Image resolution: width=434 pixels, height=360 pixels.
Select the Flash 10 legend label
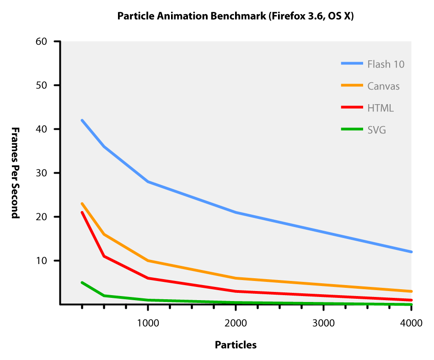[x=386, y=64]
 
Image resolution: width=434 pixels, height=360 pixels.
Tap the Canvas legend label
[x=383, y=86]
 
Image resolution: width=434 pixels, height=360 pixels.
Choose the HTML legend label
[x=380, y=108]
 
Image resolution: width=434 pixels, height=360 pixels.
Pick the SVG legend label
[x=377, y=130]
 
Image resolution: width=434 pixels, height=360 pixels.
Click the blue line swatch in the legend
[x=352, y=64]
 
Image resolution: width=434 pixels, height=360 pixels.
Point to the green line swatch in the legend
[x=352, y=129]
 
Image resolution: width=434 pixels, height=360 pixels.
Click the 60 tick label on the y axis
[x=42, y=42]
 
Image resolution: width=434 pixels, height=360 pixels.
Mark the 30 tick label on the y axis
[x=42, y=173]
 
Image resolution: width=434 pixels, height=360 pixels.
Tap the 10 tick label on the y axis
[x=42, y=261]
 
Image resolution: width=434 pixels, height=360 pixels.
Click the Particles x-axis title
[x=236, y=345]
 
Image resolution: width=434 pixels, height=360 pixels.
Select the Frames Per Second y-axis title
[x=16, y=173]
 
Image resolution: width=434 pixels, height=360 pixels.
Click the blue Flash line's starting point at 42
[x=82, y=120]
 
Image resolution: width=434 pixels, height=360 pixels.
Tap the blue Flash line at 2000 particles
[x=236, y=212]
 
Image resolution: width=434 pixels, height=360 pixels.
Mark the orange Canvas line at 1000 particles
[x=148, y=260]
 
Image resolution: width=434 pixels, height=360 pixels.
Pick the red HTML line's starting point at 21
[x=82, y=212]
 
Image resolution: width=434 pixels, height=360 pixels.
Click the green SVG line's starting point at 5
[x=82, y=282]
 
